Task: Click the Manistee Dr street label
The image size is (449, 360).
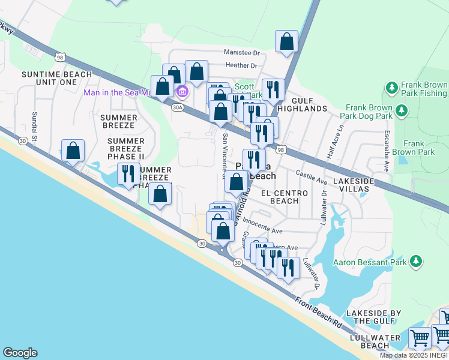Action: point(244,52)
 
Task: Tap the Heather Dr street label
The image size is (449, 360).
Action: point(241,65)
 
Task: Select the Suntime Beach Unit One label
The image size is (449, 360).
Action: point(56,78)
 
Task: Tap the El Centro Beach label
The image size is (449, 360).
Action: point(284,197)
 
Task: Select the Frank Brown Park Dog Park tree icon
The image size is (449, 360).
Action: point(401,110)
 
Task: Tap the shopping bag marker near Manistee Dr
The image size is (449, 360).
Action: point(287,41)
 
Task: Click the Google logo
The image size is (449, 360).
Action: point(20,353)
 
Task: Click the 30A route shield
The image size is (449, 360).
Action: point(176,107)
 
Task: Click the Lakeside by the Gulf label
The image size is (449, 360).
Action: point(377,317)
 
